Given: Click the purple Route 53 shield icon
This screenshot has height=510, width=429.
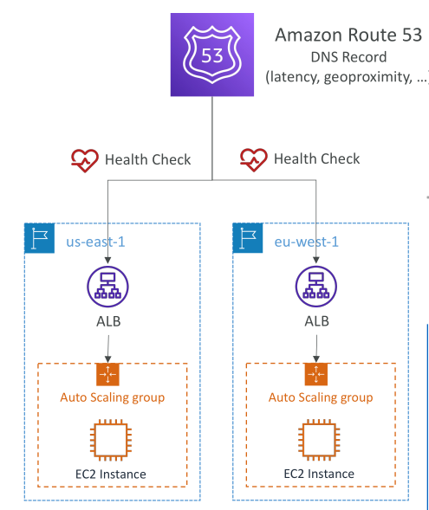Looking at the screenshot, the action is point(212,55).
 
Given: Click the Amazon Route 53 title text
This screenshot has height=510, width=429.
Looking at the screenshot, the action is point(348,35).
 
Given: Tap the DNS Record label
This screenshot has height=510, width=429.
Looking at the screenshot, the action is point(348,57).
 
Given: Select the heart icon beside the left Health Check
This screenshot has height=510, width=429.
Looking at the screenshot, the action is point(85,160).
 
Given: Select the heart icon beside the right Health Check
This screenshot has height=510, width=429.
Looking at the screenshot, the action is point(254,159).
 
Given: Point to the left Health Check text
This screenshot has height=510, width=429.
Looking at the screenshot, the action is point(148,159).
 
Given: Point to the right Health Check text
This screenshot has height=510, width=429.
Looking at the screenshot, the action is point(316,158).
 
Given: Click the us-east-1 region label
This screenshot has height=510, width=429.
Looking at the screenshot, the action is point(95,242).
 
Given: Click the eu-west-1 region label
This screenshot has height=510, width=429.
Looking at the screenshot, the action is point(306,242).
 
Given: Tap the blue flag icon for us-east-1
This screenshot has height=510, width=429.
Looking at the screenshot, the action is point(39,238).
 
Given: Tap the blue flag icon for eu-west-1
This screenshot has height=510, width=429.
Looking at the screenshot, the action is point(248,238).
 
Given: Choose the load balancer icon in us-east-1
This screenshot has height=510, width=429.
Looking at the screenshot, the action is point(107,287).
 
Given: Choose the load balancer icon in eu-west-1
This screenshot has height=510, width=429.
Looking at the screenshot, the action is point(316,287).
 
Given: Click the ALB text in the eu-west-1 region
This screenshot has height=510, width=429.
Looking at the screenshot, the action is point(316,321).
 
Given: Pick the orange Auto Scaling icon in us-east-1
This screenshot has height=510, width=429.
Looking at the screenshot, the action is point(107,374).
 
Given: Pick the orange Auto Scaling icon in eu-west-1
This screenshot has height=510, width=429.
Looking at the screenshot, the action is point(316,374).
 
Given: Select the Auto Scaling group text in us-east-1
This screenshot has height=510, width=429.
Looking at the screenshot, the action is point(113,397).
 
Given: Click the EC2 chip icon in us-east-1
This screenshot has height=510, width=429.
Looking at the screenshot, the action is point(111,440).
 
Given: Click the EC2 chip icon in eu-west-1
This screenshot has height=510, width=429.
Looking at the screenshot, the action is point(319,440).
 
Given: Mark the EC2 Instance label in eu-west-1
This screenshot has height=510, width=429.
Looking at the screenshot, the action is point(319,474).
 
